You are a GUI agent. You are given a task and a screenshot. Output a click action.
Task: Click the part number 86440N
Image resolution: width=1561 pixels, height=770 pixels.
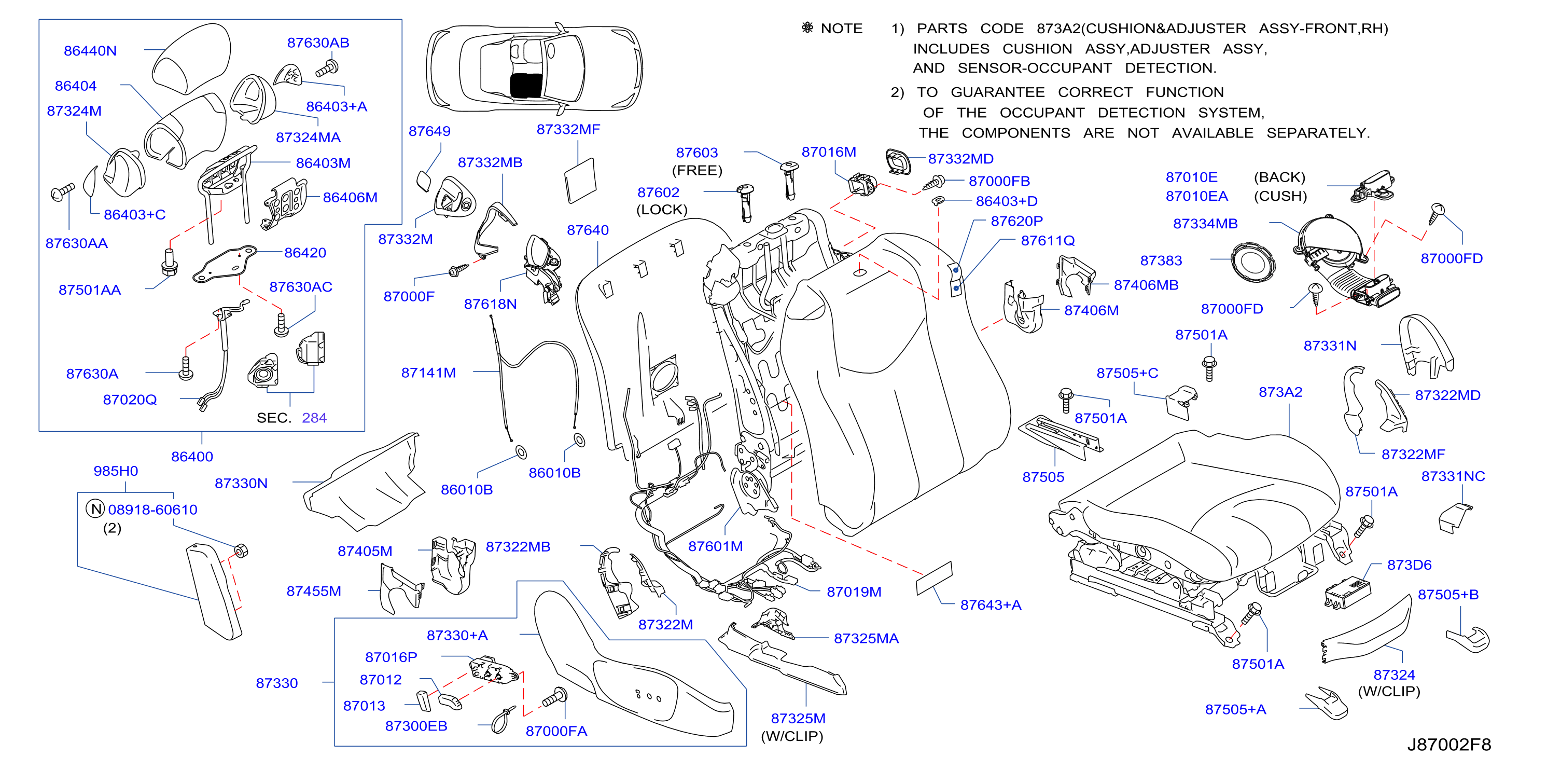point(90,51)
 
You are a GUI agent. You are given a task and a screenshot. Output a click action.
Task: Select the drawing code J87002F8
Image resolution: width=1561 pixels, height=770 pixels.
point(1449,745)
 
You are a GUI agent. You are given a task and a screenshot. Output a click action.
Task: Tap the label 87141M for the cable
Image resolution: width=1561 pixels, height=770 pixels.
point(428,373)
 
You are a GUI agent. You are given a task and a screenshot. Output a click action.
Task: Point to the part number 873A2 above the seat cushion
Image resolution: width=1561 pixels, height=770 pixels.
point(1280,392)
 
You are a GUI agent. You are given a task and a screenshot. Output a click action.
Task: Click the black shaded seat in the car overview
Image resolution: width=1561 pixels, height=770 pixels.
point(526,86)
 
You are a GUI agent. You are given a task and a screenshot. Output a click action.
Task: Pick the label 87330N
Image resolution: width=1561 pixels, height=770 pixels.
point(241,483)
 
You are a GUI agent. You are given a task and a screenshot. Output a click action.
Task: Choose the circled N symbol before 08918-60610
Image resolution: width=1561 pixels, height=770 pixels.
point(96,508)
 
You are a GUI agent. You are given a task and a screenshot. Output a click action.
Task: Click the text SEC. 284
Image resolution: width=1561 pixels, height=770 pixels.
point(291,418)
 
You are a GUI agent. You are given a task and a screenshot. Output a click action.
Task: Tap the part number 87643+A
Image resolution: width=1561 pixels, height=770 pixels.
point(991,604)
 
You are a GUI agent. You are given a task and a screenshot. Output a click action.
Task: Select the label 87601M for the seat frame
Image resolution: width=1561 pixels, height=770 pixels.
point(715,546)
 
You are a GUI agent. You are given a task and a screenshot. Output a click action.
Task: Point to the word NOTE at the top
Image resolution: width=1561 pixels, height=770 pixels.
point(842,29)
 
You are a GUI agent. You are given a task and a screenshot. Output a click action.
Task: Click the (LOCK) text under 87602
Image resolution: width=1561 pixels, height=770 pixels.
point(662,210)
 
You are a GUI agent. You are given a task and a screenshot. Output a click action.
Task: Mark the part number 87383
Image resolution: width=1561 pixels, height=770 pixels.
point(1161,260)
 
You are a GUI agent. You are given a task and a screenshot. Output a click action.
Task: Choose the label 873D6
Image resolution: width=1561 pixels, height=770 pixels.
point(1410,565)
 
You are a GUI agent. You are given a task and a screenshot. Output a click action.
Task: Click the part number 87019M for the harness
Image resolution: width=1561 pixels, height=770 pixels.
point(854,592)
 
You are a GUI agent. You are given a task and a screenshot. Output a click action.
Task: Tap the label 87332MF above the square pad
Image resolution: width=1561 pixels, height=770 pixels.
point(568,129)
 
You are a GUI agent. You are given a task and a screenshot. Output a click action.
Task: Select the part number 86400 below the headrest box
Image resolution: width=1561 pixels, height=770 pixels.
point(192,457)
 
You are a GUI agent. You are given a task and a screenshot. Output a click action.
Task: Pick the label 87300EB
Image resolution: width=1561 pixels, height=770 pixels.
point(416,726)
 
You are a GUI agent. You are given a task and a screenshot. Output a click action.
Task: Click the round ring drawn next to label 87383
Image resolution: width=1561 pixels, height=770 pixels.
point(1252,262)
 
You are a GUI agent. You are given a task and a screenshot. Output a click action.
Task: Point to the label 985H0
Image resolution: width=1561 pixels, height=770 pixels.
point(116,471)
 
